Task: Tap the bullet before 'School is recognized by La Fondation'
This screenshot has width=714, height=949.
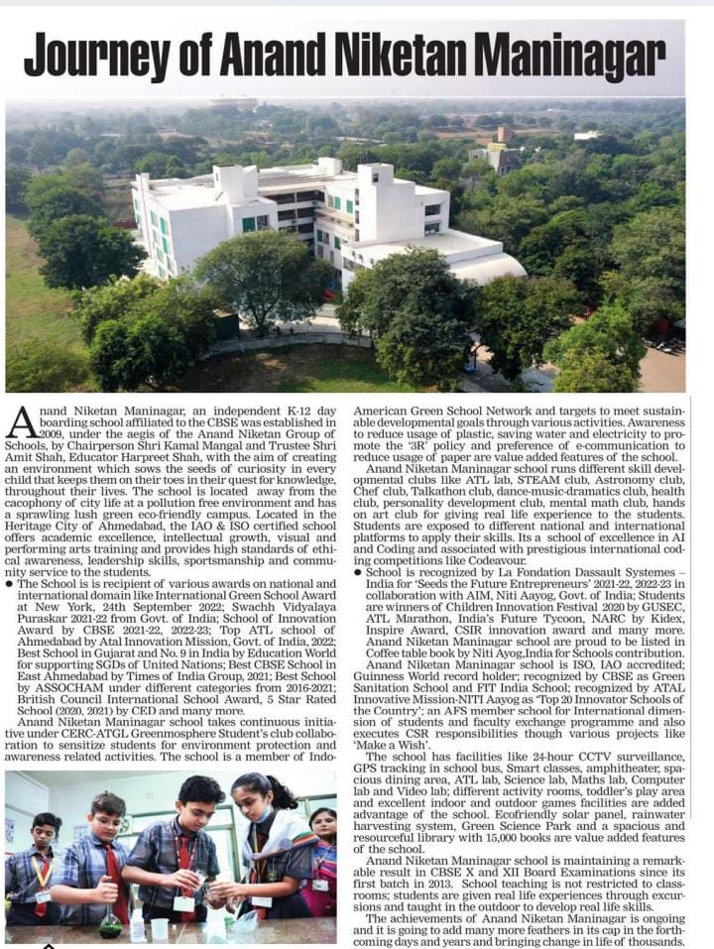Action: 359,573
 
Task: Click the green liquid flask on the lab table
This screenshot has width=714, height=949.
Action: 110,922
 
